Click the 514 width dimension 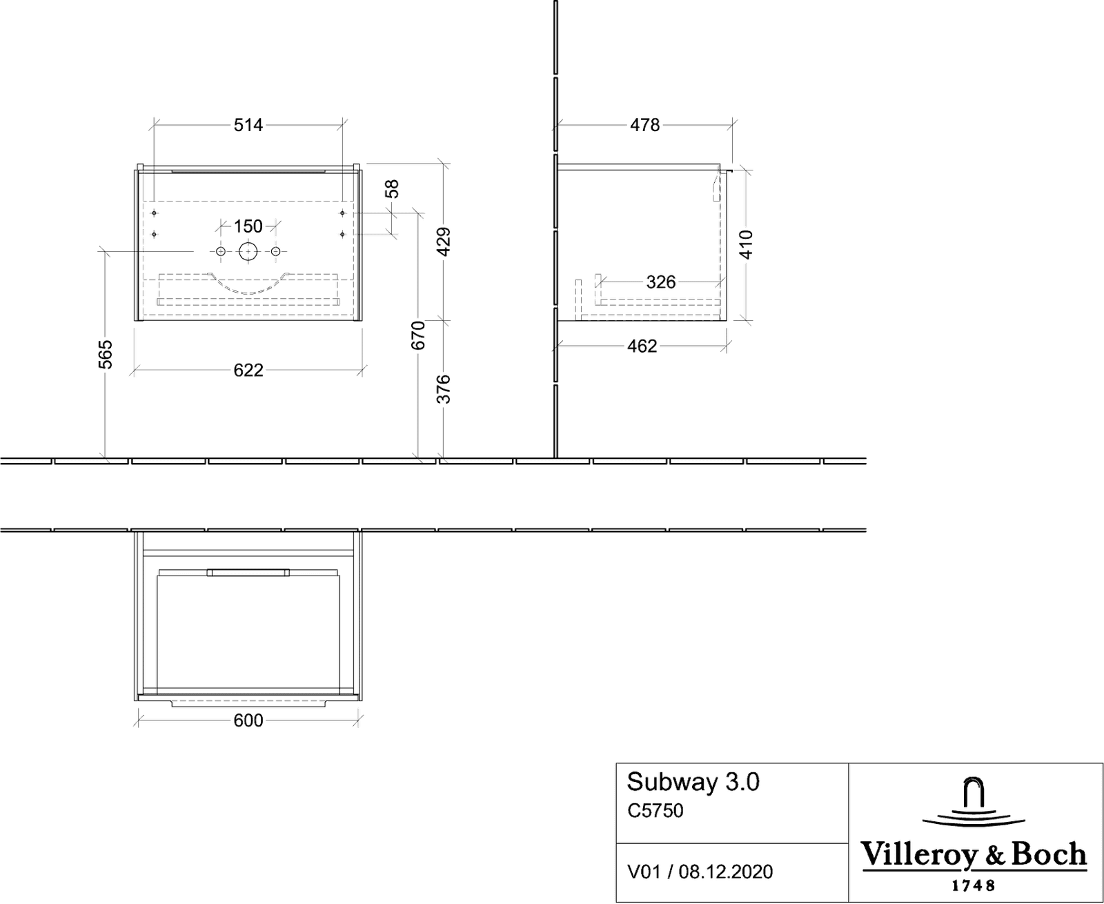tap(248, 125)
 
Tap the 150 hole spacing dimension tap(248, 226)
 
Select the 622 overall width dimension tap(248, 371)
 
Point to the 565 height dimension tap(106, 355)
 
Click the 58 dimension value tap(392, 188)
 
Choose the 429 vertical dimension tap(444, 242)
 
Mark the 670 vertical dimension tap(418, 335)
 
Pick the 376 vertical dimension tap(444, 389)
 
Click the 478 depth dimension tap(645, 125)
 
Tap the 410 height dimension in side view tap(747, 244)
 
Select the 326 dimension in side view tap(660, 282)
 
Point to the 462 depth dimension tap(642, 346)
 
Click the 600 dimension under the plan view tap(248, 721)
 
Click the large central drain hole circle tap(248, 252)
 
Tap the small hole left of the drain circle tap(221, 252)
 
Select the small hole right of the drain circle tap(276, 252)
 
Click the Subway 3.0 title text tap(693, 782)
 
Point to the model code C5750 tap(655, 811)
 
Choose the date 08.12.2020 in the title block tap(725, 872)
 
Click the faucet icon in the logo tap(974, 801)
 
